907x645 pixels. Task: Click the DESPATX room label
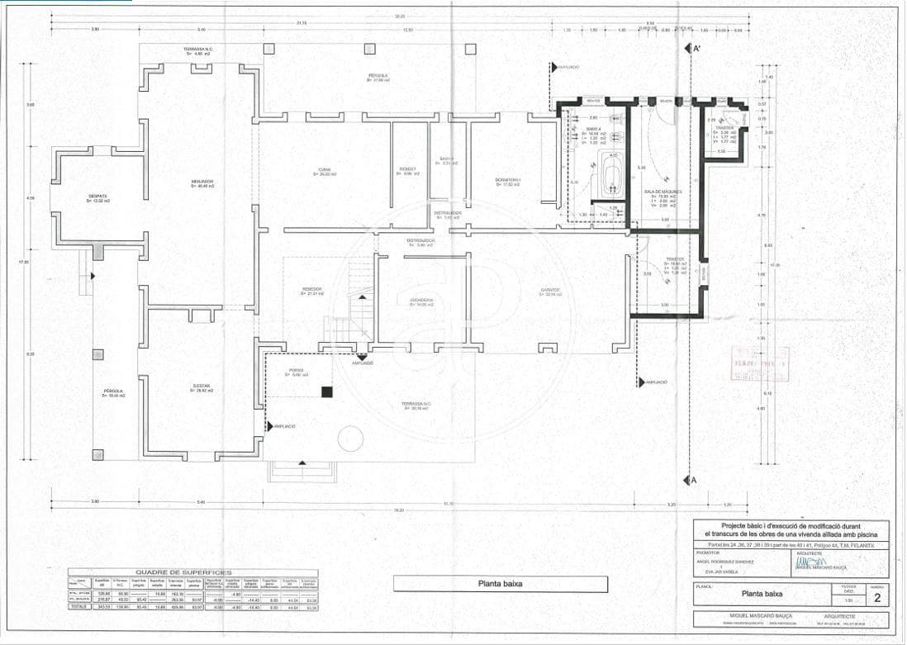click(x=97, y=197)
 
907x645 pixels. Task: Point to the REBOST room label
click(x=408, y=171)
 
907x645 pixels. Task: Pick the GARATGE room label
click(x=551, y=291)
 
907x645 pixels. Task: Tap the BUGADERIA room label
click(x=422, y=301)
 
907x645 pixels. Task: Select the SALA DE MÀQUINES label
click(x=661, y=192)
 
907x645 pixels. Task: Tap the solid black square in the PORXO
click(x=327, y=391)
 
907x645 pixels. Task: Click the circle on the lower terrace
click(x=350, y=437)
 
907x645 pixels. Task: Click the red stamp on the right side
click(x=760, y=363)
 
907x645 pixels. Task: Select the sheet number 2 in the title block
click(x=876, y=598)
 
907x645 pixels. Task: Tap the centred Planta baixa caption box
click(x=500, y=584)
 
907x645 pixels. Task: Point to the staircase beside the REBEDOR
click(x=359, y=314)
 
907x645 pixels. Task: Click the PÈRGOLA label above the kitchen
click(x=378, y=77)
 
